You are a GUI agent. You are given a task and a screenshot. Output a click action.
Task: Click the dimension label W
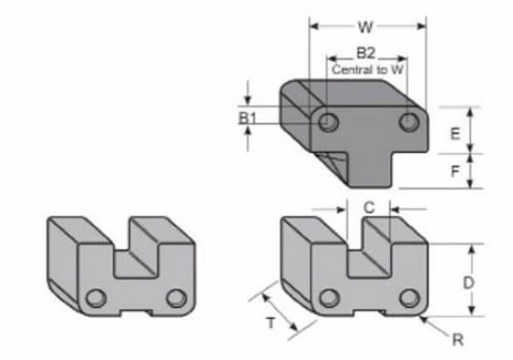366,27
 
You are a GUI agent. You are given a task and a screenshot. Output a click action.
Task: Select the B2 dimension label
367,53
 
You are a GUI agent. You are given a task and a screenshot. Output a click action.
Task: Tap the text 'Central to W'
367,67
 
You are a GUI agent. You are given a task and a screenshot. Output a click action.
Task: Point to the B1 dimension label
246,118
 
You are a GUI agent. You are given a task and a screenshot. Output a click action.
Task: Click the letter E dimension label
454,133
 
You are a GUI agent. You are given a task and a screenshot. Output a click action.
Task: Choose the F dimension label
454,172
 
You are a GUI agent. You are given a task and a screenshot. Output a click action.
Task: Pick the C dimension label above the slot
368,209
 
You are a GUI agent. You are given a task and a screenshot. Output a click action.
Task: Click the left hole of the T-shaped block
327,122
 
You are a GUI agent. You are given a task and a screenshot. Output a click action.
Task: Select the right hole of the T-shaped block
408,122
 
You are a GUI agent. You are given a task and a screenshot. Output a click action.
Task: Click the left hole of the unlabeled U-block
95,298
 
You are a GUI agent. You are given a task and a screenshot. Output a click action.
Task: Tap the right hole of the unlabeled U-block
176,298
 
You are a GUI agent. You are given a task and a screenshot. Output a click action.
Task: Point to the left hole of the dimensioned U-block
327,298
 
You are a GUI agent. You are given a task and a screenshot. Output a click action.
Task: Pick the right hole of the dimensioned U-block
408,298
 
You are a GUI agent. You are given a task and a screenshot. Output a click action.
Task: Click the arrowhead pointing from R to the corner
424,320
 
